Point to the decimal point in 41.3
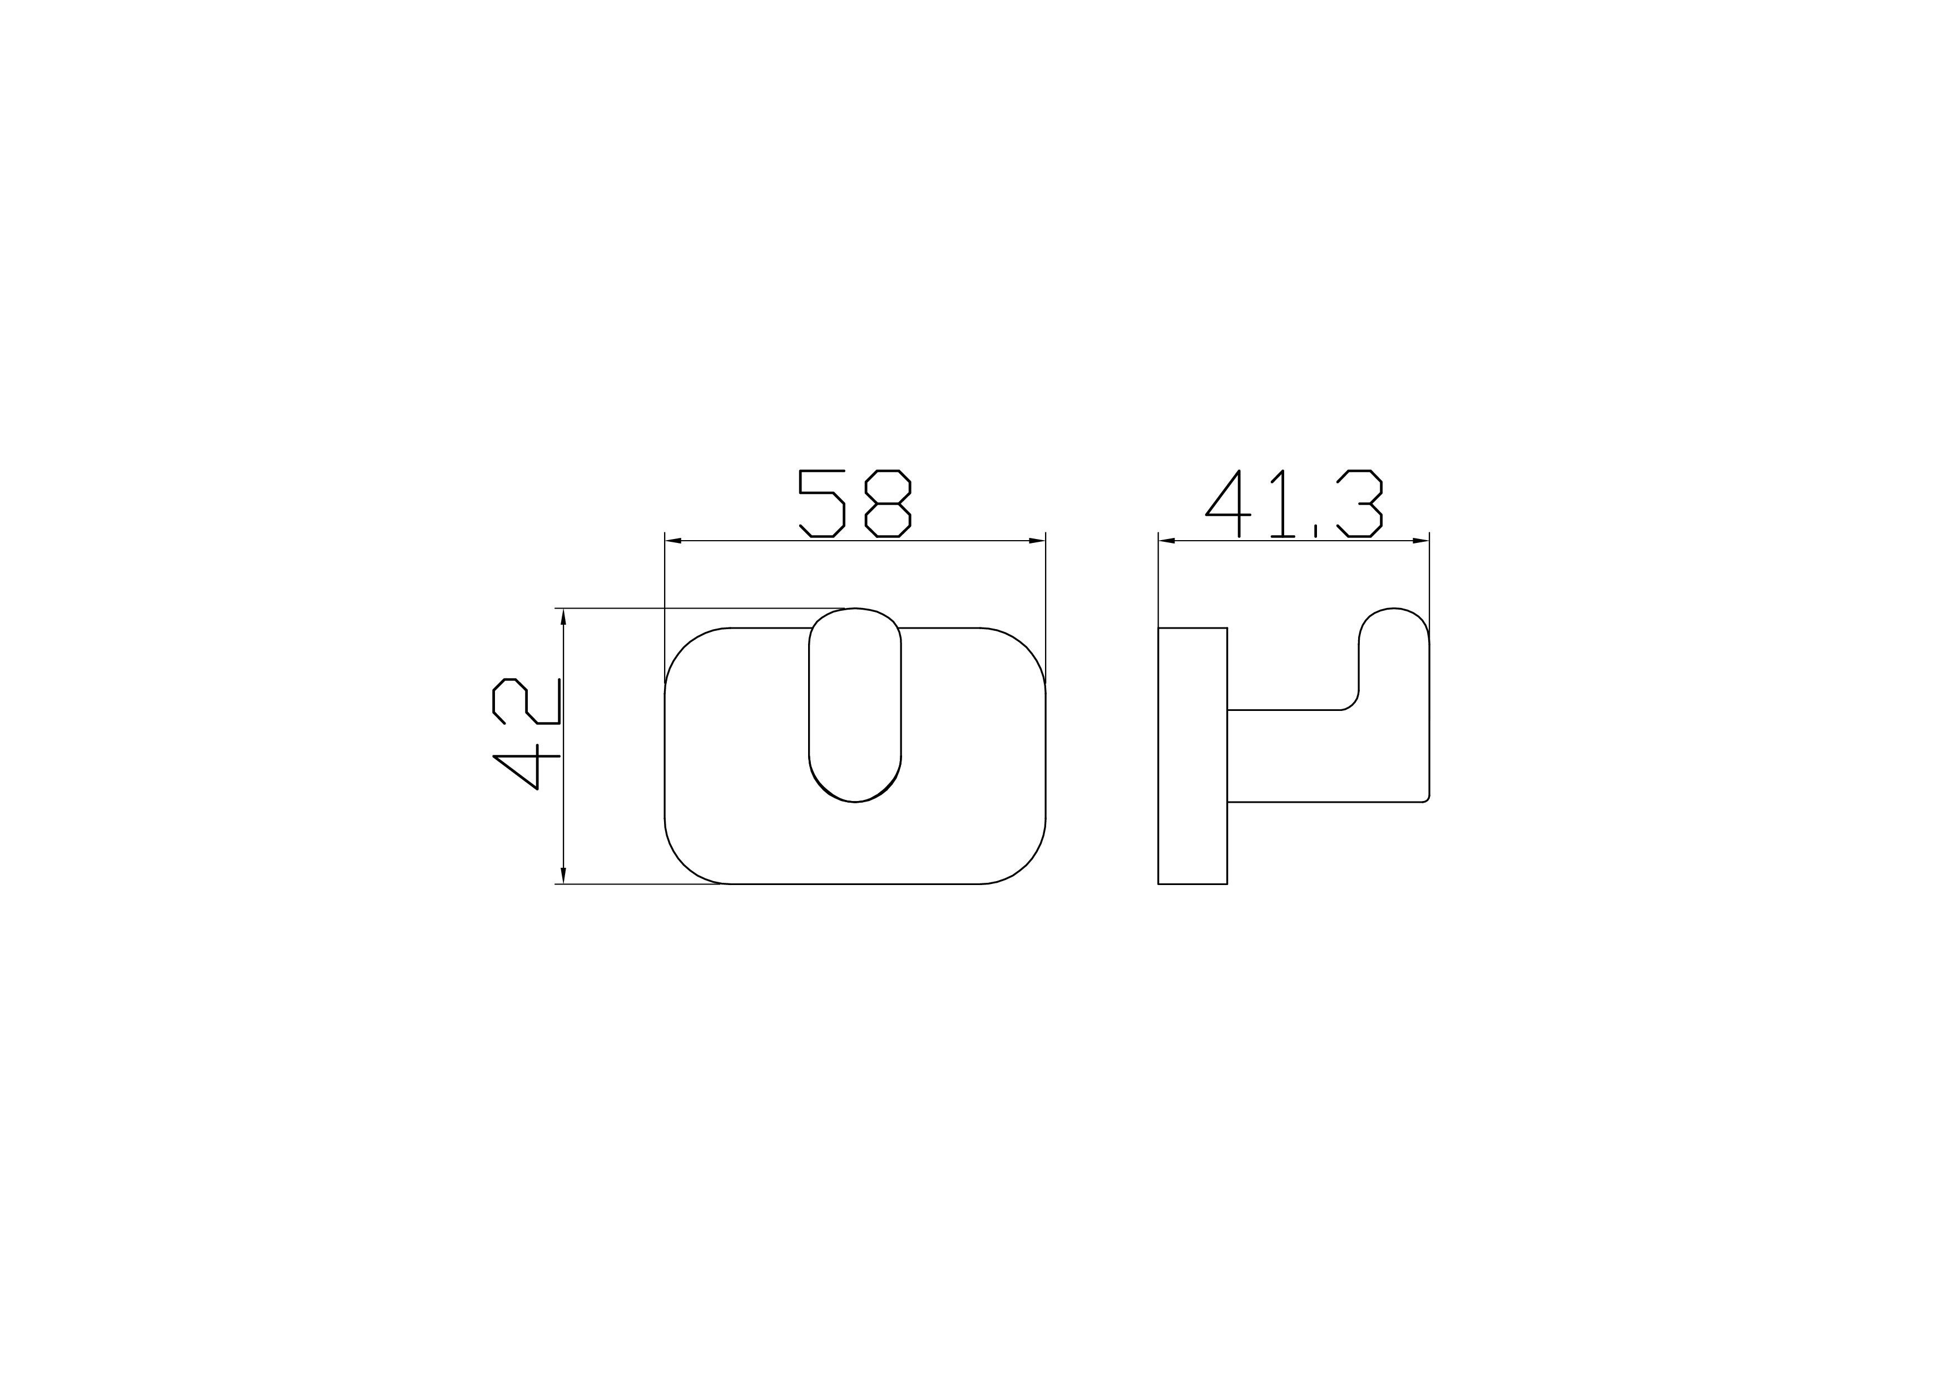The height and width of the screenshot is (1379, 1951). [x=1315, y=532]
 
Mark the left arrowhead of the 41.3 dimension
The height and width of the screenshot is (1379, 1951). [x=1167, y=540]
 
